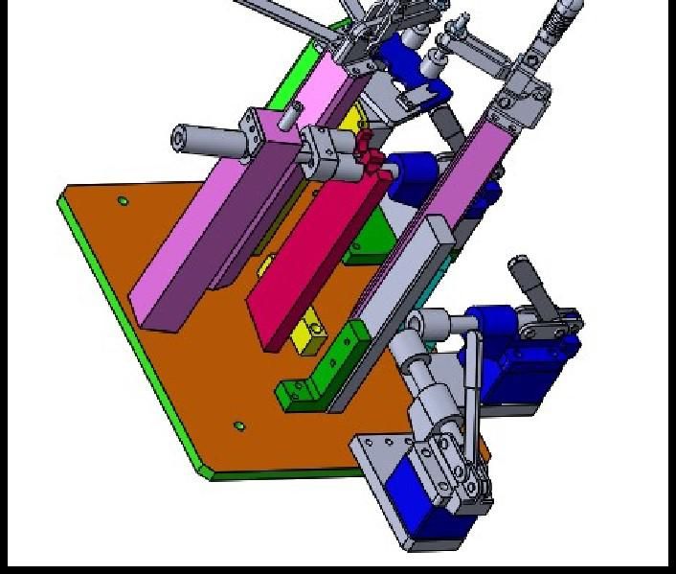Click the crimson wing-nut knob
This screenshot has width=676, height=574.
tap(368, 153)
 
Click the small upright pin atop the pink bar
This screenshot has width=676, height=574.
tap(286, 117)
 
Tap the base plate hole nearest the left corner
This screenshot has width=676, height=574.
tap(124, 201)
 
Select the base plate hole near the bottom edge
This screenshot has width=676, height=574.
tap(239, 425)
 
